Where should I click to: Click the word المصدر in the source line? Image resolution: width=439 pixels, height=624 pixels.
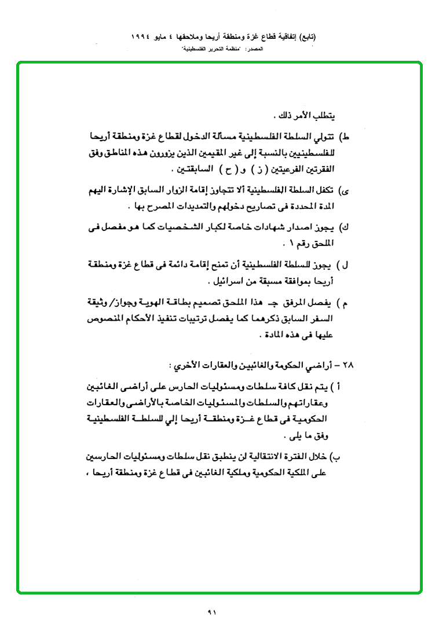257,50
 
